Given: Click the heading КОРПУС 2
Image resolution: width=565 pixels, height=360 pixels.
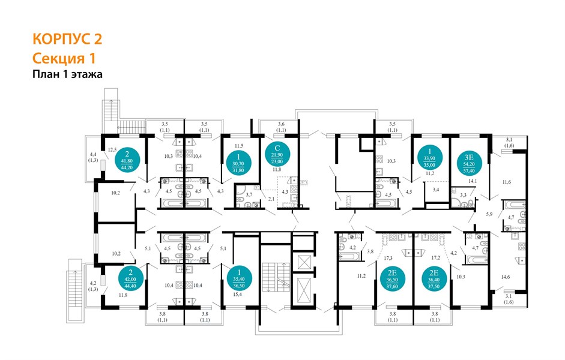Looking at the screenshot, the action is coord(67,39).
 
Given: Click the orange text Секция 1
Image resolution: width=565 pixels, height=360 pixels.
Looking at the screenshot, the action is coord(64,58).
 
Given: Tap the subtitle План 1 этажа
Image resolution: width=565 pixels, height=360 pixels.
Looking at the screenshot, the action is coord(67,74).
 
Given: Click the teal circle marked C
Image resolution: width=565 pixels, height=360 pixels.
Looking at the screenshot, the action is coord(277,154).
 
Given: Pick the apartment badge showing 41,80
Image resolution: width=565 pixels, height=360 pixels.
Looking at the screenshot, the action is coord(127,160).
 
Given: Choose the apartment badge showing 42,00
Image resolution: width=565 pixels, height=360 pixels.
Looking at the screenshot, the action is coord(131,278).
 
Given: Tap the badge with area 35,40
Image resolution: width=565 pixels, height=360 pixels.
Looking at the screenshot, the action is coord(239,278).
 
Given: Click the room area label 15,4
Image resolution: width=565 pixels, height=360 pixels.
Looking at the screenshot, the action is coord(237,295).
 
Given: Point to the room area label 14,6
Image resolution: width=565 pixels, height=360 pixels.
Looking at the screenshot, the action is coord(505,277).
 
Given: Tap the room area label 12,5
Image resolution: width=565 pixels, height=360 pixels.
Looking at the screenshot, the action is coord(112,149).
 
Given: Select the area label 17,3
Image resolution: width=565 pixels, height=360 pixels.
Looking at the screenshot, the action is coord(388,258).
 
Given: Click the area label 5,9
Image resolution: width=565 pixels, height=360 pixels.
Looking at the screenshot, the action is coord(489,214).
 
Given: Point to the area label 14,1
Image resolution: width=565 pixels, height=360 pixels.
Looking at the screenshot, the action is coord(473,181).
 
